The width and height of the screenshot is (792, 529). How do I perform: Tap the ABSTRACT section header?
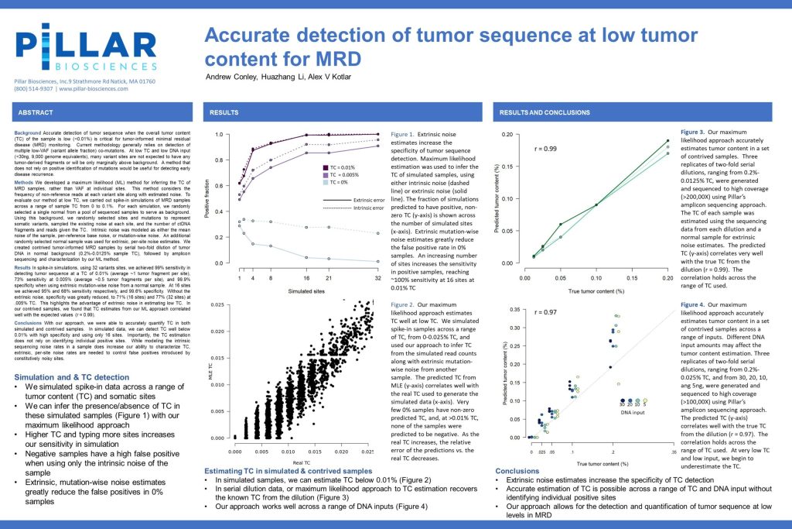(36, 112)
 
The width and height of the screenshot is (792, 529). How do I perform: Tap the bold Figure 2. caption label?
(407, 306)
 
